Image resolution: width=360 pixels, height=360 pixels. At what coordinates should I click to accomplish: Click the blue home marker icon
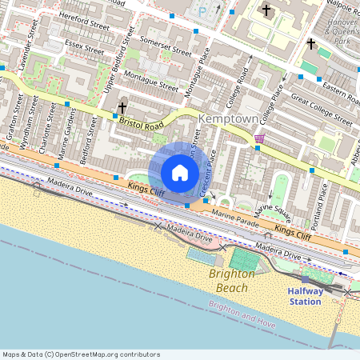(x=179, y=171)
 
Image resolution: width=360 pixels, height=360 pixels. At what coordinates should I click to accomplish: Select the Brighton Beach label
(x=232, y=280)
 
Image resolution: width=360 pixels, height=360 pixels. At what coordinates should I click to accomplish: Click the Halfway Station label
(x=305, y=296)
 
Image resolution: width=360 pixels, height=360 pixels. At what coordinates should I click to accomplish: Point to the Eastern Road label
(x=341, y=90)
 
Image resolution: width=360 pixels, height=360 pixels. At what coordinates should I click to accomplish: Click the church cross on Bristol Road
(x=122, y=106)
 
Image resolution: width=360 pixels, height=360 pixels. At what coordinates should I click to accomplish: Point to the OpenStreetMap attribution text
(x=81, y=354)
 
